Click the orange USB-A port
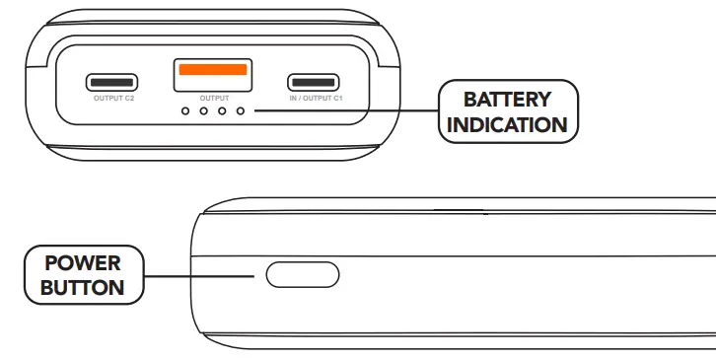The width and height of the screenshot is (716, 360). click(212, 75)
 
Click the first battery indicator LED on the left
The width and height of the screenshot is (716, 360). click(185, 110)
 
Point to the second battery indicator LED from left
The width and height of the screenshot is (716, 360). click(203, 110)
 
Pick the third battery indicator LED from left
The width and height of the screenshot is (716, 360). click(221, 110)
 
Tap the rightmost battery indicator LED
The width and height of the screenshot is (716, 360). click(239, 110)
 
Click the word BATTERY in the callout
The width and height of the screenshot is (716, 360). click(507, 99)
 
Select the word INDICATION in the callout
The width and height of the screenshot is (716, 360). click(507, 124)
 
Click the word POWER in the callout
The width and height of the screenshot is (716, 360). click(83, 263)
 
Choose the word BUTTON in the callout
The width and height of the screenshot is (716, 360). click(83, 288)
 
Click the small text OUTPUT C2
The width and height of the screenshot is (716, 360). click(113, 99)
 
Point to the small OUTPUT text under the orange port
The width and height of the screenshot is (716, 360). click(213, 98)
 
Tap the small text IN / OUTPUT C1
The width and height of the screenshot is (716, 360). click(316, 99)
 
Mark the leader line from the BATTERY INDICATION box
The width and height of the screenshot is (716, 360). click(345, 110)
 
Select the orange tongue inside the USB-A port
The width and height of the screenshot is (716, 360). click(213, 70)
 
